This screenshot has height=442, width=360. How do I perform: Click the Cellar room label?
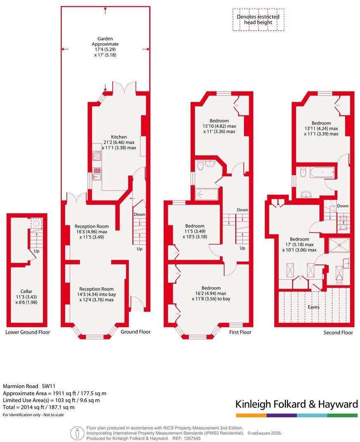pyautogui.click(x=26, y=291)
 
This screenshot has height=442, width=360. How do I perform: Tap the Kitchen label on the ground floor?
pyautogui.click(x=119, y=137)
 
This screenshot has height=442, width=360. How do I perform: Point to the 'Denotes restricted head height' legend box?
pyautogui.click(x=258, y=20)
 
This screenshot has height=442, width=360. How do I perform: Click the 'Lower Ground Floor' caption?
pyautogui.click(x=28, y=332)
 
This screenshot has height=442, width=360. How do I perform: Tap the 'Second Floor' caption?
pyautogui.click(x=338, y=332)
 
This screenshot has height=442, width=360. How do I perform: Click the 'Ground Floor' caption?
pyautogui.click(x=136, y=332)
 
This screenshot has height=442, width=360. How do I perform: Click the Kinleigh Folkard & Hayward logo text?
pyautogui.click(x=296, y=404)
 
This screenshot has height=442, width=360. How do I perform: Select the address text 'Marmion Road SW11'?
pyautogui.click(x=29, y=386)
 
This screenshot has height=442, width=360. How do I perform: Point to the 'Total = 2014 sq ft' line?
pyautogui.click(x=39, y=407)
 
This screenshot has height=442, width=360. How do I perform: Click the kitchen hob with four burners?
pyautogui.click(x=97, y=155)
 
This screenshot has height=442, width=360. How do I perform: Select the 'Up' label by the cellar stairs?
pyautogui.click(x=37, y=251)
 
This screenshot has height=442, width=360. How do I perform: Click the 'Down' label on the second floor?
pyautogui.click(x=342, y=206)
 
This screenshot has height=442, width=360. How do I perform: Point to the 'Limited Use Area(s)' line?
pyautogui.click(x=51, y=400)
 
